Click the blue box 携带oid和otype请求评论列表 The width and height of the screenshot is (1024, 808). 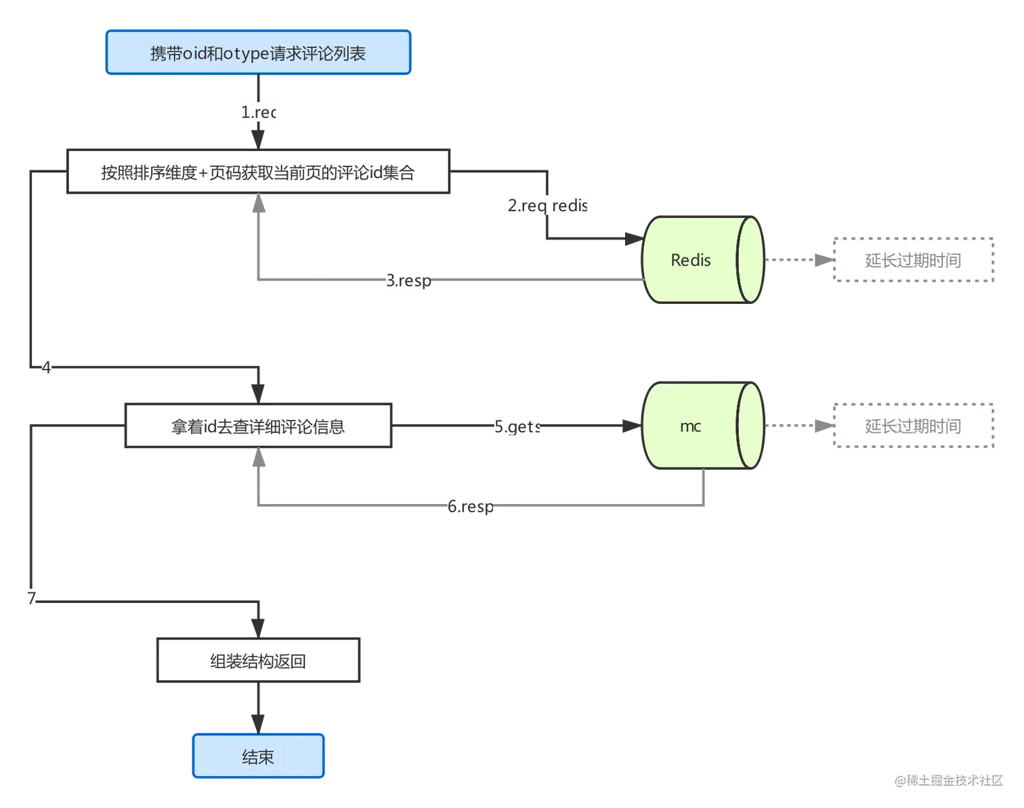coord(257,53)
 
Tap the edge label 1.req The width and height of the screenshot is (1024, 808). coord(260,112)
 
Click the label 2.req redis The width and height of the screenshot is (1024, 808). coord(549,205)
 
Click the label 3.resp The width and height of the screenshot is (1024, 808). coord(408,280)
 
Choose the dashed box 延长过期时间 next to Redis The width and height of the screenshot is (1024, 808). coord(912,261)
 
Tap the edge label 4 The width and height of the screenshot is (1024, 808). coord(46,367)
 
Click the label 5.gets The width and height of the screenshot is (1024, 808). coord(515,426)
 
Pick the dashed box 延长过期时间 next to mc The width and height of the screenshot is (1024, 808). coord(912,426)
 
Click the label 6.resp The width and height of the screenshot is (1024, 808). coord(471,506)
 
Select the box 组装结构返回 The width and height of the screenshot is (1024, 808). coord(257,660)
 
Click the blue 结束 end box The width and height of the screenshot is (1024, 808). coord(257,757)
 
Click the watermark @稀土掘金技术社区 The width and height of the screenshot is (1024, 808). coord(947,780)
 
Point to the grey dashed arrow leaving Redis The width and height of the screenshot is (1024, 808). coord(796,260)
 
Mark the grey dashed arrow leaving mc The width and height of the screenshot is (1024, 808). coord(796,426)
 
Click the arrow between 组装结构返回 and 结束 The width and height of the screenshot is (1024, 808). coord(257,709)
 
